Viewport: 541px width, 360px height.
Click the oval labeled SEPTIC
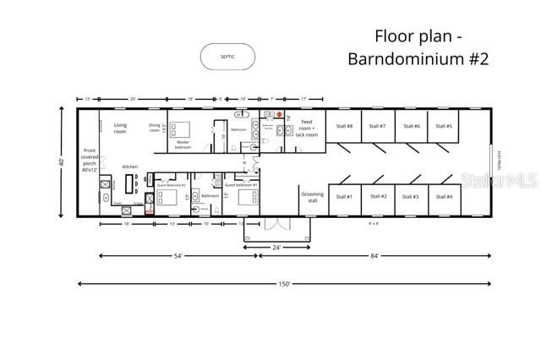tap(227, 57)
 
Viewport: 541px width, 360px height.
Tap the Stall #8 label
tap(344, 126)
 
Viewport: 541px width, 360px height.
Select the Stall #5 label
tap(444, 126)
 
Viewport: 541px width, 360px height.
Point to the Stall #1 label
tap(344, 197)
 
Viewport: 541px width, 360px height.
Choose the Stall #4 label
tap(444, 197)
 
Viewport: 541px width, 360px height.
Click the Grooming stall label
tap(312, 197)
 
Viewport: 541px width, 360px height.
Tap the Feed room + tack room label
tap(309, 128)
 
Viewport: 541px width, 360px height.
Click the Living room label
tap(120, 128)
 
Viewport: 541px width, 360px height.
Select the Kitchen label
tap(130, 166)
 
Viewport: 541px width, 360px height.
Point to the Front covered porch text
tap(90, 161)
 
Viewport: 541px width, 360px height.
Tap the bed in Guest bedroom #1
tap(246, 197)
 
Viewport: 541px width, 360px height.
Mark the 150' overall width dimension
tap(284, 284)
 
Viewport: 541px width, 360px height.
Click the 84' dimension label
tap(374, 254)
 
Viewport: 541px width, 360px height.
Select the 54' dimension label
tap(179, 254)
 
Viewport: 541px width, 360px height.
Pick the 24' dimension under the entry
tap(276, 248)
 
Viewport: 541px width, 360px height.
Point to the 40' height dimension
tap(62, 161)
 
